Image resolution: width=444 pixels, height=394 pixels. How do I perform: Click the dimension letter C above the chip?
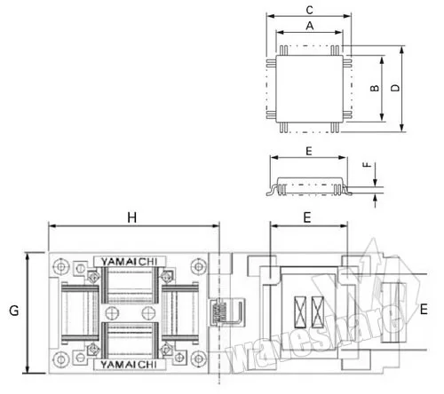[x=310, y=10]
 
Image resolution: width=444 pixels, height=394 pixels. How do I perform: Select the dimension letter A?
[x=310, y=26]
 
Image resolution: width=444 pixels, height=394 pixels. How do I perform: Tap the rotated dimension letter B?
[x=375, y=88]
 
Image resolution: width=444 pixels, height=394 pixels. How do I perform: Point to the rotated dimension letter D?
[x=395, y=88]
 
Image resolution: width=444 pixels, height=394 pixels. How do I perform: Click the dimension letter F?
[x=367, y=164]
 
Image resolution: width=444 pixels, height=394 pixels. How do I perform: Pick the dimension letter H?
[x=132, y=217]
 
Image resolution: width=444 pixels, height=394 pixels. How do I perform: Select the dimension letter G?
[x=14, y=311]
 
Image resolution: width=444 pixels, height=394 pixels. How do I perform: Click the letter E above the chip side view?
[x=309, y=151]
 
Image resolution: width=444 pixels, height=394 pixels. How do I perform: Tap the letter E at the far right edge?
[x=424, y=310]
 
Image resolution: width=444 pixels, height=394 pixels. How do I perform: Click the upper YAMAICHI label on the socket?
[x=130, y=262]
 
